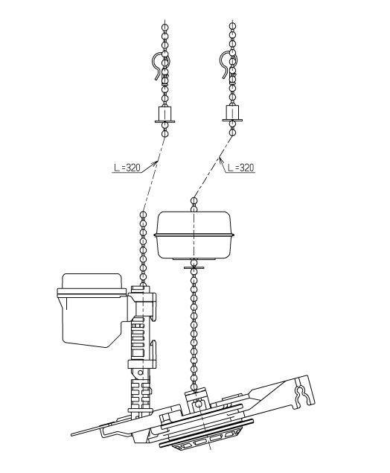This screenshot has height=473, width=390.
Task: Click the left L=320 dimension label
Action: pos(127,168)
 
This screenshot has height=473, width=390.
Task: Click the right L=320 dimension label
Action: pos(241,168)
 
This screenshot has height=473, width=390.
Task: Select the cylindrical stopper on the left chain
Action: pos(165,114)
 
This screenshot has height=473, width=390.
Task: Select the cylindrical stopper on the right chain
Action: pos(232,113)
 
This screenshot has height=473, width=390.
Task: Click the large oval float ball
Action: pos(194,235)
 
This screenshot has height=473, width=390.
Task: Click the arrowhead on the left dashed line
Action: pos(156,163)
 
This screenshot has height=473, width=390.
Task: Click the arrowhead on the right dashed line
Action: pos(221,160)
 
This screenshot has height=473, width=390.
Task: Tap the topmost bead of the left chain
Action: pos(165,28)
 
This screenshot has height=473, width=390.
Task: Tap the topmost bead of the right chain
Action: pos(232,26)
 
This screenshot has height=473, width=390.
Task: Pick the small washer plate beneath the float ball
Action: pos(194,267)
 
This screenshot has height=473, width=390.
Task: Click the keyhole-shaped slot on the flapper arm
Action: pos(302,395)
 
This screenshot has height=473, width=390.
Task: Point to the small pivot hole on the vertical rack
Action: pos(140,372)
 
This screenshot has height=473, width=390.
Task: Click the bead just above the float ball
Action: pos(194,200)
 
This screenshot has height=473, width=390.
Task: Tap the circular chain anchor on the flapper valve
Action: pos(198,403)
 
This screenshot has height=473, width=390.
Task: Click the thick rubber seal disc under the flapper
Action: pos(206,432)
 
